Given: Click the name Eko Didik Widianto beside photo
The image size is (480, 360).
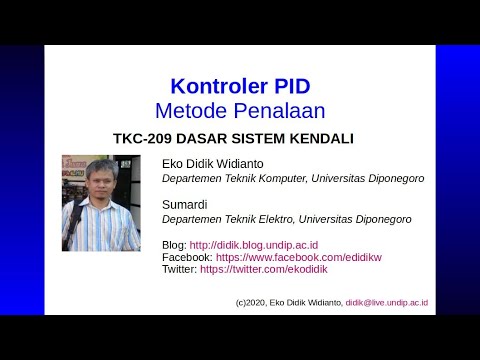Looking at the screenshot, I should click(215, 163).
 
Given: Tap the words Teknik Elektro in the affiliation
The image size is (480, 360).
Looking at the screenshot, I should click(275, 219).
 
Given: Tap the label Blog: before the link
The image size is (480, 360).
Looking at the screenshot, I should click(174, 244).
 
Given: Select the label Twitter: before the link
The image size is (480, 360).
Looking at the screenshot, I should click(179, 269).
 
